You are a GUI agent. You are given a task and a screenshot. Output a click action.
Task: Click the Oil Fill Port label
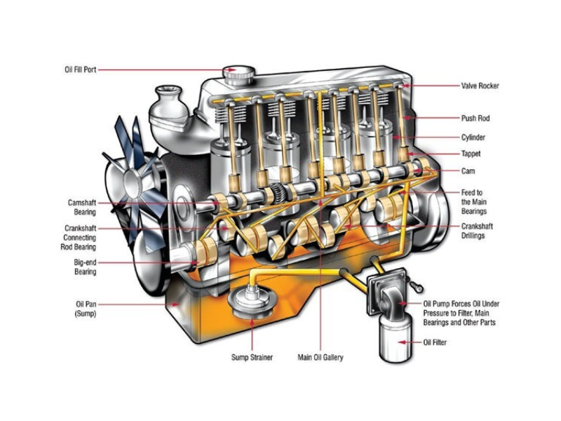tap(81, 69)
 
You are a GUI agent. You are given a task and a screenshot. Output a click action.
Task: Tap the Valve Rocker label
tap(480, 86)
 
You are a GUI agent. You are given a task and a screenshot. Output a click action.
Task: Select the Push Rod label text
tap(475, 118)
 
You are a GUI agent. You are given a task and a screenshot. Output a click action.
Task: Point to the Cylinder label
tap(473, 137)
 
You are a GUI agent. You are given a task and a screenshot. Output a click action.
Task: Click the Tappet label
tap(471, 154)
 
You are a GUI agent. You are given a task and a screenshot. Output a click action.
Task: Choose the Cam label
tap(468, 171)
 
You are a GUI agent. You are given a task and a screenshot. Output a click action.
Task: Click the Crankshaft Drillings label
tap(477, 231)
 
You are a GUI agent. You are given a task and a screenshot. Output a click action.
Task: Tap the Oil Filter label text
tap(435, 342)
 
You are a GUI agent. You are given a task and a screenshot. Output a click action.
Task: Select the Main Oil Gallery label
tap(320, 357)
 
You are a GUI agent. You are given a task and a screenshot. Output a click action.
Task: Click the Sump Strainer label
tap(252, 357)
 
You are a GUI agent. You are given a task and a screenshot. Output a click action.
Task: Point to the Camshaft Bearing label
tap(82, 207)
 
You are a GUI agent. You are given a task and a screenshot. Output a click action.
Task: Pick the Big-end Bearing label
tap(85, 267)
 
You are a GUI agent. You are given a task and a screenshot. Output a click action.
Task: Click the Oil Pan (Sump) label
tap(86, 309)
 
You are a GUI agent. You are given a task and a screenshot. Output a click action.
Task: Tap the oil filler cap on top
tap(238, 75)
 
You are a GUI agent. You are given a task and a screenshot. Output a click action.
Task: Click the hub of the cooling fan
tap(133, 183)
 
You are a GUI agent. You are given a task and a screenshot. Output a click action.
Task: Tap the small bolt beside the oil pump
tap(417, 287)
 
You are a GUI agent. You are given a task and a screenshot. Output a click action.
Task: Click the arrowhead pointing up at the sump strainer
tap(252, 322)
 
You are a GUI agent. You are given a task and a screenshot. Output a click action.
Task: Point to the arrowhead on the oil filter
tap(402, 342)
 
